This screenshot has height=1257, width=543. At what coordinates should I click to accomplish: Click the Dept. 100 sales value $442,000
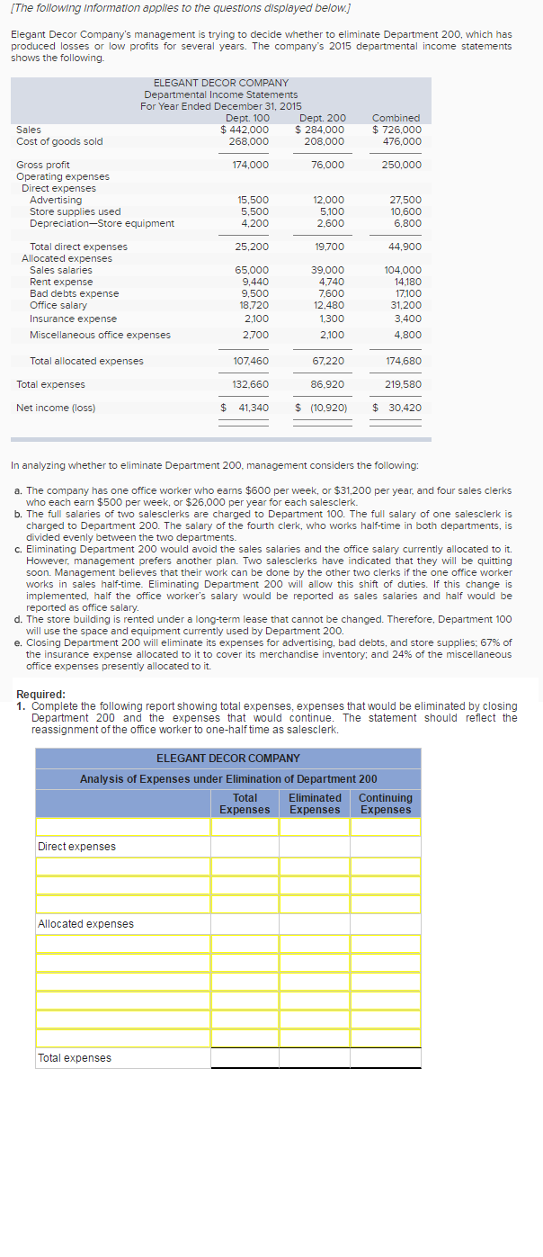[x=245, y=130]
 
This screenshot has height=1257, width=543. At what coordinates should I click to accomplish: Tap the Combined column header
[x=396, y=118]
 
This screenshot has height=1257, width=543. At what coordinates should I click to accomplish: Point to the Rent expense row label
[x=60, y=282]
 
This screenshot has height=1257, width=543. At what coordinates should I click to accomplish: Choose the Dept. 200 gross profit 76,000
[x=327, y=165]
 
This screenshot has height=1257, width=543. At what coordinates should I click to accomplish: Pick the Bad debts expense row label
[x=74, y=293]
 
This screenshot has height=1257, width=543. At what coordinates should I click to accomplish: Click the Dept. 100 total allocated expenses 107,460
[x=251, y=361]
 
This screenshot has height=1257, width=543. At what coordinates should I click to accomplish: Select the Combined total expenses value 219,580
[x=403, y=384]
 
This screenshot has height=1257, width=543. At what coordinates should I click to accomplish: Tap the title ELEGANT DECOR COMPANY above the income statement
[x=221, y=83]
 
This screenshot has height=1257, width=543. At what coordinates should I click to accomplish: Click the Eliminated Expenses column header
[x=315, y=804]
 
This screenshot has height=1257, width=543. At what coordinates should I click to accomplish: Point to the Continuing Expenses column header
[x=386, y=804]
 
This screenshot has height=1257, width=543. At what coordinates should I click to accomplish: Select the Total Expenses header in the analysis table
[x=245, y=804]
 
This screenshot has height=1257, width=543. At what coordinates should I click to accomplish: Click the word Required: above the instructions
[x=41, y=695]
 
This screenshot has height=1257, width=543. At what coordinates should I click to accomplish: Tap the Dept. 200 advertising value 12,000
[x=328, y=200]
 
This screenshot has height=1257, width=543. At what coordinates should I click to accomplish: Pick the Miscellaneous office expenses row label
[x=100, y=335]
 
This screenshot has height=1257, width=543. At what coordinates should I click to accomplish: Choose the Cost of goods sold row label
[x=59, y=141]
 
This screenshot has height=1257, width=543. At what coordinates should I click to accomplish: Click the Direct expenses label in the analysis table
[x=76, y=847]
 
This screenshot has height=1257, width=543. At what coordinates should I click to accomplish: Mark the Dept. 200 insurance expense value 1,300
[x=332, y=319]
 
